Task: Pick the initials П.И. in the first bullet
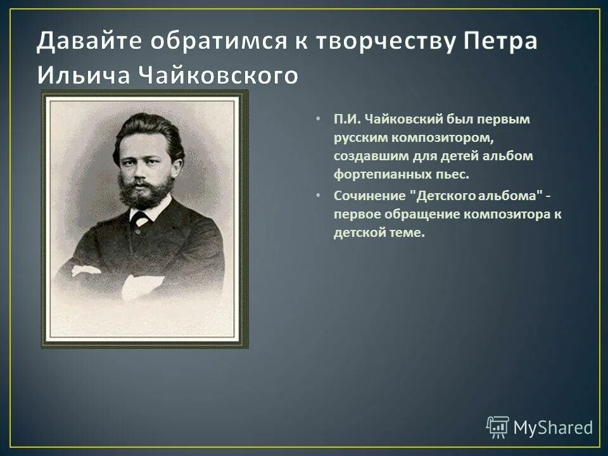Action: point(347,119)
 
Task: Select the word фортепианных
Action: point(374,174)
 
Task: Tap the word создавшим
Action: point(363,156)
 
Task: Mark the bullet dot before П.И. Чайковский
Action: point(319,119)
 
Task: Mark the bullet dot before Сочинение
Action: point(319,196)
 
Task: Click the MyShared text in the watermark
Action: point(552,427)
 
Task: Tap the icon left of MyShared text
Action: point(498,427)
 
